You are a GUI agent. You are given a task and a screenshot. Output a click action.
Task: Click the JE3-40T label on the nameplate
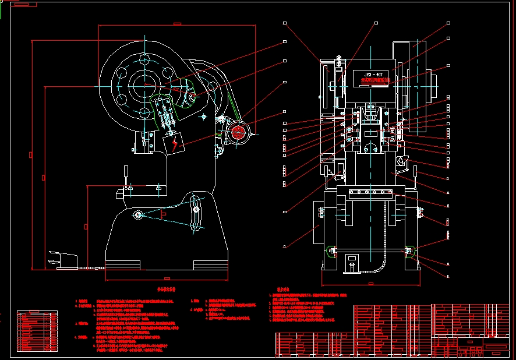click(373, 75)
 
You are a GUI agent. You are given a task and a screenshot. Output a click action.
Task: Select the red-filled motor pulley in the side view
click(238, 132)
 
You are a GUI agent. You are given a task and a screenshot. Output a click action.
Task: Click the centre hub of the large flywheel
click(143, 86)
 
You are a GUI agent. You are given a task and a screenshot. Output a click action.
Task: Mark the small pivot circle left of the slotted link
click(138, 216)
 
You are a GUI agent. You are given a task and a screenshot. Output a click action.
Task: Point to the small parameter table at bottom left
click(37, 331)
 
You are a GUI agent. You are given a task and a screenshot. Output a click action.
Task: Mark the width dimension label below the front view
click(370, 284)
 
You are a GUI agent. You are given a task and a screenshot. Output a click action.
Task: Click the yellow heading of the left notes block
click(167, 289)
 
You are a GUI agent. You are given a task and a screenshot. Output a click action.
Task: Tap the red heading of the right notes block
click(283, 287)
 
